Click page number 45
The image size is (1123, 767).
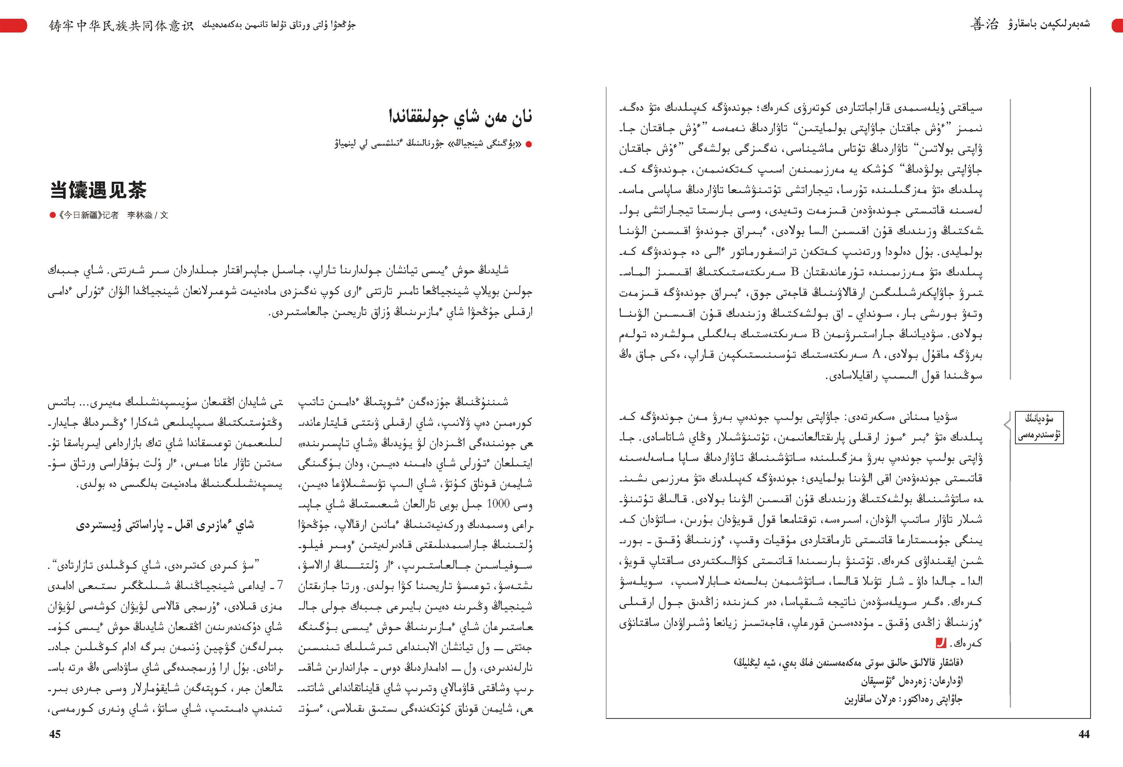[55, 734]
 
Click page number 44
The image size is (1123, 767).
[1084, 734]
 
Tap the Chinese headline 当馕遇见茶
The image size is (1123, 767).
[98, 190]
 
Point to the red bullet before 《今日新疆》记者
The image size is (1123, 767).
[53, 215]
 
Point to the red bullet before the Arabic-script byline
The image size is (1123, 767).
[529, 144]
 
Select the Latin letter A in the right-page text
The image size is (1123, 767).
[876, 354]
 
